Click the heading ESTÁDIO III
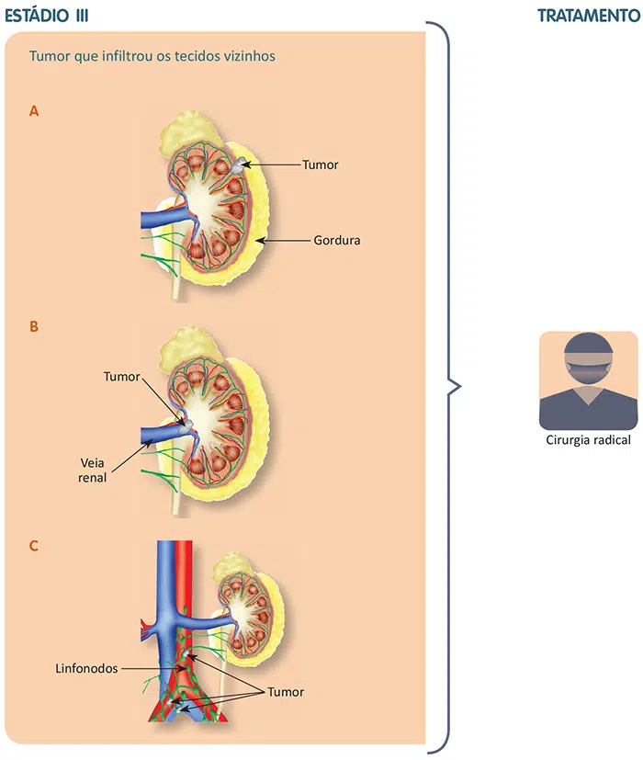pos(47,16)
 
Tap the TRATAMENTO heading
pos(588,16)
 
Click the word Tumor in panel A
pos(321,165)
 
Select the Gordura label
pos(335,241)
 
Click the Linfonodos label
pos(85,669)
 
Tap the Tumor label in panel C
pos(285,692)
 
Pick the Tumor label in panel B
pos(122,377)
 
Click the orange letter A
pos(34,111)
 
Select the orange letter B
pos(34,326)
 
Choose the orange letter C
pos(34,546)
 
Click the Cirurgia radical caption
pos(588,440)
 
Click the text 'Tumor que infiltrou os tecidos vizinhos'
pos(152,55)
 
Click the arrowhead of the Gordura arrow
pos(261,241)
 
